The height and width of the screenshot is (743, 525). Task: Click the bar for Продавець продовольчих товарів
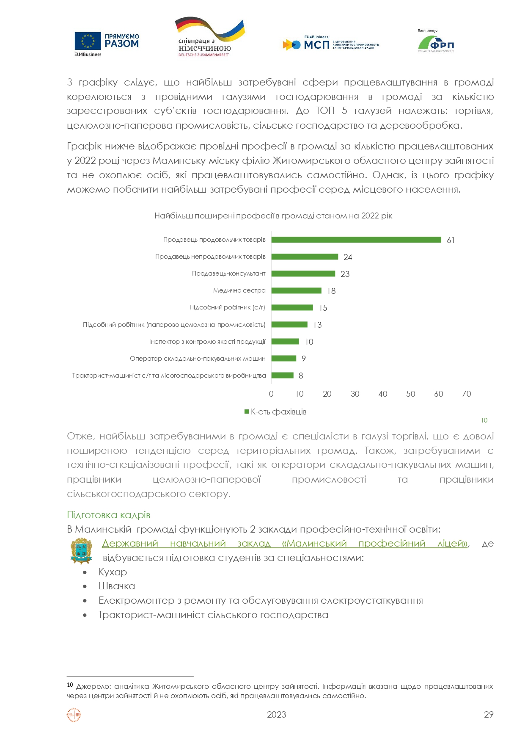coord(356,240)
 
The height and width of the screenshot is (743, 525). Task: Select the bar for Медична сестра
coord(296,290)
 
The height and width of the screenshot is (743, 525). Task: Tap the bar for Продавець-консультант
coord(303,273)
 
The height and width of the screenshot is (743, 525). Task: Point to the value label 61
coord(451,240)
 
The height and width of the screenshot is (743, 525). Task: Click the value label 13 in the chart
coord(317,325)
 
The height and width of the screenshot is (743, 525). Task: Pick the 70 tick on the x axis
coord(466,394)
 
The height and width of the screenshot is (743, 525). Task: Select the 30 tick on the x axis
coord(355,394)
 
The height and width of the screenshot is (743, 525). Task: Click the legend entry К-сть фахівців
coord(276,412)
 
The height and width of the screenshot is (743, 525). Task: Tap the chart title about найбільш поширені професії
coord(273,216)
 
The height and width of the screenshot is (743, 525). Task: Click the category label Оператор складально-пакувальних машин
coord(198,359)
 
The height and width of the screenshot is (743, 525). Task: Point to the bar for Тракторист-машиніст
coord(282,375)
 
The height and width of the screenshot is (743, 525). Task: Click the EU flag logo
coord(88,41)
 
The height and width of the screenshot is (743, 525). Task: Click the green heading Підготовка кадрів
coord(109,515)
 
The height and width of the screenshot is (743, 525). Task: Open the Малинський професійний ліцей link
coord(285,544)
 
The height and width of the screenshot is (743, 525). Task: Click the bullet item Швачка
coord(117,586)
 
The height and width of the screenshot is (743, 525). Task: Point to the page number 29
coord(489,714)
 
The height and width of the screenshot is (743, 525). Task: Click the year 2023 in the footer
coord(276,714)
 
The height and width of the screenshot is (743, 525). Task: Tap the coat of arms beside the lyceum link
coord(81,550)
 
